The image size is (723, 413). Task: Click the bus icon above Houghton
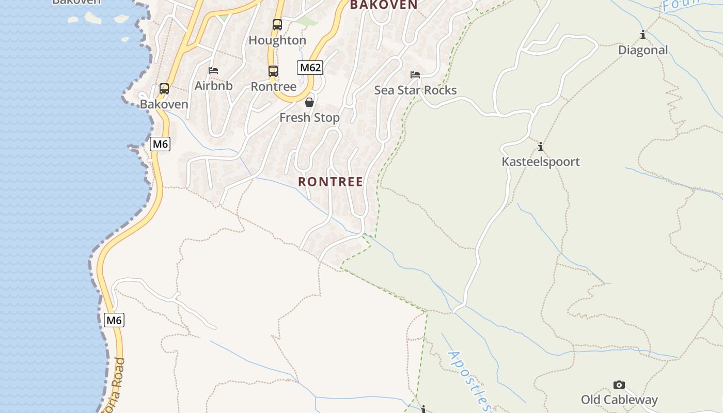pyautogui.click(x=277, y=24)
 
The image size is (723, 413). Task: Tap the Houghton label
pyautogui.click(x=277, y=40)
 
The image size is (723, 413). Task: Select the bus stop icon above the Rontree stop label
pyautogui.click(x=273, y=71)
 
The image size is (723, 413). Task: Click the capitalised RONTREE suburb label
pyautogui.click(x=331, y=182)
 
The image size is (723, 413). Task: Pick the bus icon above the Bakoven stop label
pyautogui.click(x=164, y=89)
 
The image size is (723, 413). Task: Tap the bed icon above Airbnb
pyautogui.click(x=213, y=71)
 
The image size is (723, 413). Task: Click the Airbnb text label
pyautogui.click(x=213, y=86)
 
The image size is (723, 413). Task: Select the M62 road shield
pyautogui.click(x=310, y=68)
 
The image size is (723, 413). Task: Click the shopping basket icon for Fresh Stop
pyautogui.click(x=309, y=102)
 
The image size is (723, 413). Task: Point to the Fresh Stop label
pyautogui.click(x=309, y=118)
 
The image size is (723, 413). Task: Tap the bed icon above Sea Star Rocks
pyautogui.click(x=415, y=75)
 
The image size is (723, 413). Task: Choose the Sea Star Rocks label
pyautogui.click(x=415, y=90)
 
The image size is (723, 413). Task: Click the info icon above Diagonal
pyautogui.click(x=643, y=35)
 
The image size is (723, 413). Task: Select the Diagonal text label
pyautogui.click(x=643, y=50)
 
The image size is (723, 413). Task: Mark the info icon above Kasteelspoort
pyautogui.click(x=541, y=147)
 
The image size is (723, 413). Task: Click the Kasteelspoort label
pyautogui.click(x=541, y=162)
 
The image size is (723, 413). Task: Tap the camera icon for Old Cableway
pyautogui.click(x=619, y=385)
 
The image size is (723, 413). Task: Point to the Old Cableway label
pyautogui.click(x=619, y=400)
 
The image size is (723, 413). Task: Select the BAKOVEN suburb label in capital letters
pyautogui.click(x=384, y=5)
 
